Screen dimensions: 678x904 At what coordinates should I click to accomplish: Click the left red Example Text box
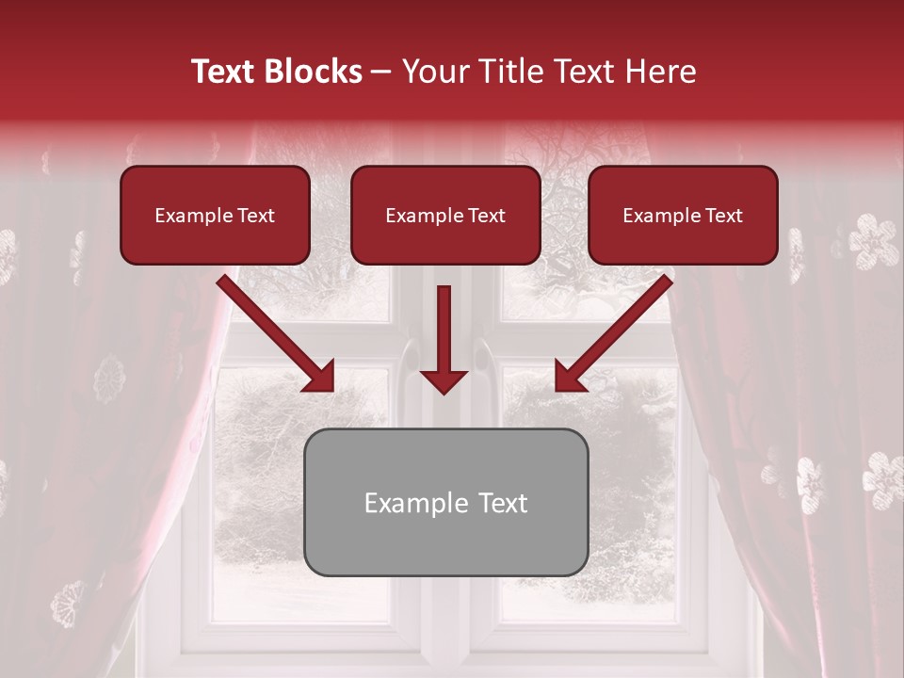(x=215, y=215)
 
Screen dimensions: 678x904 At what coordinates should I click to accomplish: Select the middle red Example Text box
(x=445, y=215)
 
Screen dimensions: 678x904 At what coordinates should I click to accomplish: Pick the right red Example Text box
(x=683, y=215)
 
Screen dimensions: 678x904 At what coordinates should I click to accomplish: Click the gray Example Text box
(x=445, y=502)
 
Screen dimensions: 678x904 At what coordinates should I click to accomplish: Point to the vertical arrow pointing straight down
(x=444, y=339)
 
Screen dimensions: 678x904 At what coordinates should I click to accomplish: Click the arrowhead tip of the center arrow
(x=444, y=390)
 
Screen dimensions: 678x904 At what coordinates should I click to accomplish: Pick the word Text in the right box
(x=723, y=216)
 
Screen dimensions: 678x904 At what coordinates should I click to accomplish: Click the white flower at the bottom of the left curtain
(x=69, y=603)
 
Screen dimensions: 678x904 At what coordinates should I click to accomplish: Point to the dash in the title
(x=381, y=72)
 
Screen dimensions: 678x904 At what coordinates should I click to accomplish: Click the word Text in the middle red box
(x=486, y=216)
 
